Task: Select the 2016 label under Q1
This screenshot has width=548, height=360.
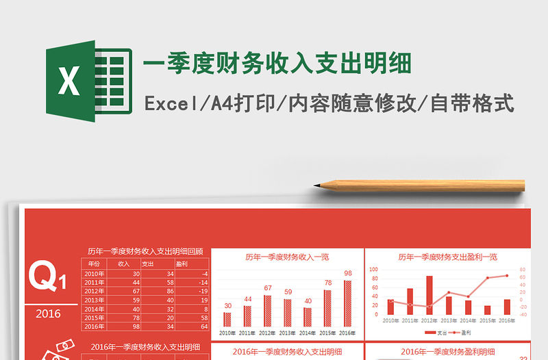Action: [x=47, y=313]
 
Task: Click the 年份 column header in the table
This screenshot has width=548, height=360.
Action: [x=94, y=263]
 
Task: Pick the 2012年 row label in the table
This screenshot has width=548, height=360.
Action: [x=94, y=291]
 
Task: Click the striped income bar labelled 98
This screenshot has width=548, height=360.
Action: [x=348, y=303]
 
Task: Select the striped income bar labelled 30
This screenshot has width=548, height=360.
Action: [x=227, y=320]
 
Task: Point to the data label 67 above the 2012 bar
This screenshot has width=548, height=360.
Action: [x=268, y=288]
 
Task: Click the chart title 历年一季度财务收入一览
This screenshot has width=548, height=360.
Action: [x=287, y=257]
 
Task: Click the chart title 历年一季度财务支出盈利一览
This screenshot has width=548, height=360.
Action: [x=447, y=257]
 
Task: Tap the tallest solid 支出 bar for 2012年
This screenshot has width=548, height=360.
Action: [x=429, y=295]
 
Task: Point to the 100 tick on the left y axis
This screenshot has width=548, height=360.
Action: [x=374, y=270]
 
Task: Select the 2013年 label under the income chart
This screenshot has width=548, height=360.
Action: [x=288, y=333]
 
